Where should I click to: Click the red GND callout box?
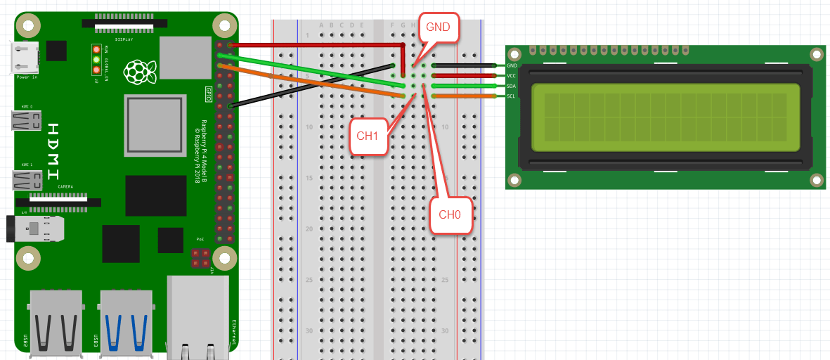[439, 29]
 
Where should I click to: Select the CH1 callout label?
[368, 136]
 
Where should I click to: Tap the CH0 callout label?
[450, 214]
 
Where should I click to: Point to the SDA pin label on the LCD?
[511, 86]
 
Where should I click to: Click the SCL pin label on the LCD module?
[511, 96]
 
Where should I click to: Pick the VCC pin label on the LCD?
[511, 76]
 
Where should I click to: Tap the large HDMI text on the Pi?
[54, 151]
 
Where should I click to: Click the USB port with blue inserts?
[127, 322]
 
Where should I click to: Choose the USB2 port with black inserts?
[56, 322]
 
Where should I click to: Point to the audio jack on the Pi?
[35, 229]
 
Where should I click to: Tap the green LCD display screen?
[666, 117]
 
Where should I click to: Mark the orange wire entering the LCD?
[477, 96]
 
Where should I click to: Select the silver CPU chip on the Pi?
[155, 124]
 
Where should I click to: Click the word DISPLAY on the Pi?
[124, 39]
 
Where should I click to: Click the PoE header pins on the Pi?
[201, 258]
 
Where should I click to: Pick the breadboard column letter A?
[321, 25]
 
